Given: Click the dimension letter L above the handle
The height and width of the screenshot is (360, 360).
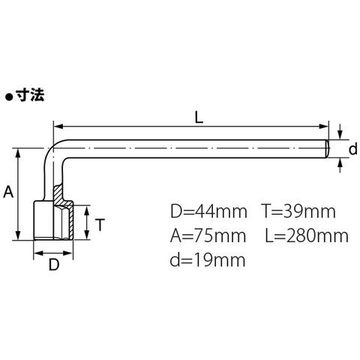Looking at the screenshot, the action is pyautogui.click(x=199, y=117).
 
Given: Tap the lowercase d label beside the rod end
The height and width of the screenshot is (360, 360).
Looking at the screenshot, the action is pyautogui.click(x=352, y=149).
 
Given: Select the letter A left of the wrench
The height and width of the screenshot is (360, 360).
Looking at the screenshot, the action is pyautogui.click(x=8, y=192).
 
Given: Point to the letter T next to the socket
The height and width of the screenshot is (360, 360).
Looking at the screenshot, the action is pyautogui.click(x=100, y=224).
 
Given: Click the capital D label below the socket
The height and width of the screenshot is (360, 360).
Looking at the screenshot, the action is pyautogui.click(x=54, y=265).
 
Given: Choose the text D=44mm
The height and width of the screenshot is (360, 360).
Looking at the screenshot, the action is pyautogui.click(x=208, y=211).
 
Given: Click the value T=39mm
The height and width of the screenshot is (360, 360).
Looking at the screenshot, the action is pyautogui.click(x=298, y=211).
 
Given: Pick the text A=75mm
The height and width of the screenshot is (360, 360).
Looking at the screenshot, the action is pyautogui.click(x=208, y=235).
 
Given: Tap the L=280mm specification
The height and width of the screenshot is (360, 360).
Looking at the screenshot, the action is pyautogui.click(x=307, y=235).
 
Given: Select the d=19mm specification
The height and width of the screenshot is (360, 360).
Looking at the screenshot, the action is pyautogui.click(x=208, y=259).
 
